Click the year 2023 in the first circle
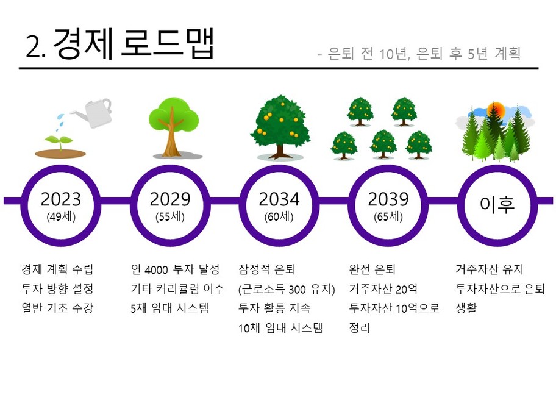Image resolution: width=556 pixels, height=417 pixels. [x=60, y=199]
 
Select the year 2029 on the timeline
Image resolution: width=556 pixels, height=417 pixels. [x=170, y=199]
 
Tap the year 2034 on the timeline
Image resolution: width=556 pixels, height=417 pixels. [x=279, y=199]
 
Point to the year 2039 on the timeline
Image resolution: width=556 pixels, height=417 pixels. [x=388, y=199]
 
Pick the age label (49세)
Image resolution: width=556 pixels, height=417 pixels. [x=61, y=216]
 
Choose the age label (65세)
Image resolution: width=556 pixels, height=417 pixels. [x=388, y=216]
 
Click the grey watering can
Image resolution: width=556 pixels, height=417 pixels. [x=92, y=113]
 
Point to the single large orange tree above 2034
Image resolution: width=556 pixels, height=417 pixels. [x=280, y=127]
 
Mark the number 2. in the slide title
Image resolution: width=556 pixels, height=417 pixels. [x=36, y=47]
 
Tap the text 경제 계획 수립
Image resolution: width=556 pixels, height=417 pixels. [x=57, y=269]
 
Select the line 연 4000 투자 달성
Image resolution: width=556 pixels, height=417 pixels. [x=175, y=269]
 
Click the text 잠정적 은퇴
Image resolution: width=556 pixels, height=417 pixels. [x=266, y=269]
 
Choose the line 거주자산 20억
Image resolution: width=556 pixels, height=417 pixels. [x=383, y=288]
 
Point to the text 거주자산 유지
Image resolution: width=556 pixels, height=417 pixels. [x=490, y=269]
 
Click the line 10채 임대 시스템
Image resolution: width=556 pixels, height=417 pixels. [x=280, y=327]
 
